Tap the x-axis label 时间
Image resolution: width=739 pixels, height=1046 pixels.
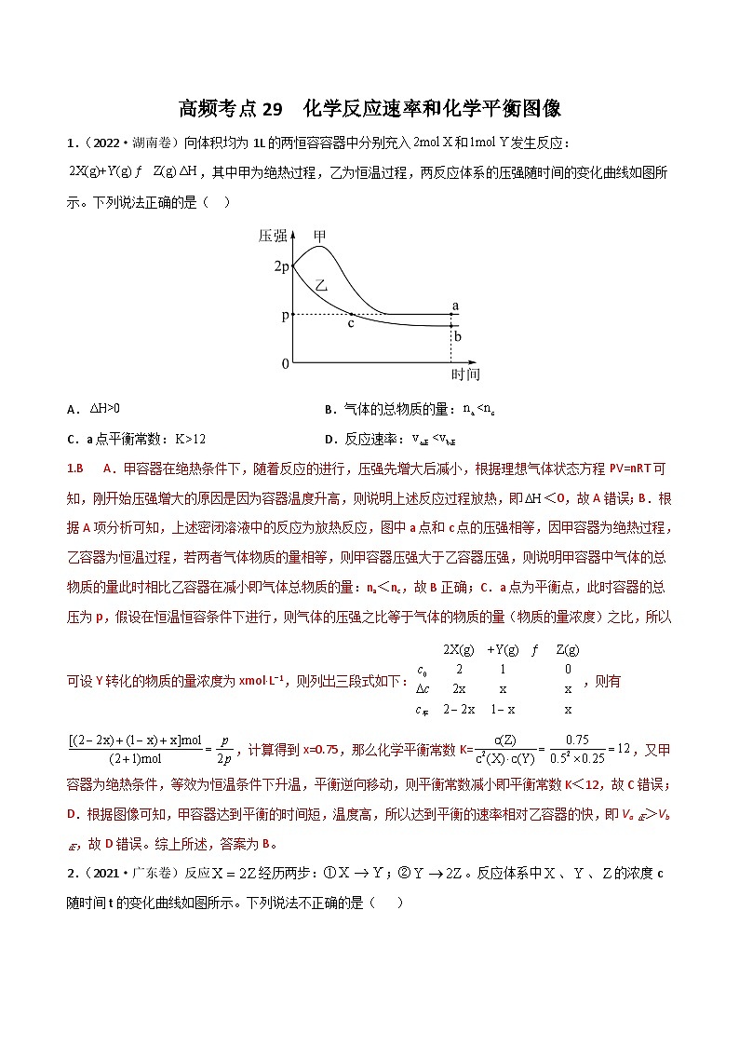[x=465, y=374]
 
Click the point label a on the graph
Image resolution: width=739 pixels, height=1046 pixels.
[x=455, y=305]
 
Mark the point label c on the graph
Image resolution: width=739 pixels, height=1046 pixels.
[x=351, y=323]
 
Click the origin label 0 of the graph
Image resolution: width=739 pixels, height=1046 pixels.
[x=286, y=364]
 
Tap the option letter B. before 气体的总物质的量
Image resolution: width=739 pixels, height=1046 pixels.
[x=329, y=408]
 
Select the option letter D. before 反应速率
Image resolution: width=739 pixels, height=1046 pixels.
[x=329, y=439]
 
